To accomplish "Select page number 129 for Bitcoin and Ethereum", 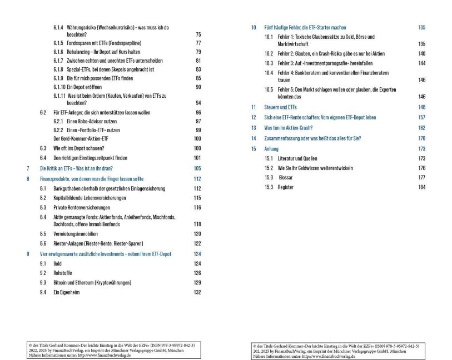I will pos(197,282).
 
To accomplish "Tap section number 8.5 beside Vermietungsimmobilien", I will pos(43,234).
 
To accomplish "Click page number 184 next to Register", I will pos(421,187).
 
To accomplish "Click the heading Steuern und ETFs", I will pos(281,107).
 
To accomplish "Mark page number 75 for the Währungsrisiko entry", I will pos(198,35).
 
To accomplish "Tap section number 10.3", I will pos(269,63).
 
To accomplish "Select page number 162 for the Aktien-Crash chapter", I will pos(421,127).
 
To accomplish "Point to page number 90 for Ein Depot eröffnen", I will pos(198,87).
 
